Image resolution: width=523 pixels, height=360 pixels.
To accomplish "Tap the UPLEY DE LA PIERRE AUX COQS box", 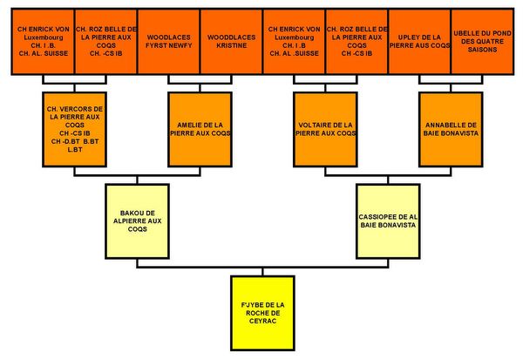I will click(418, 41).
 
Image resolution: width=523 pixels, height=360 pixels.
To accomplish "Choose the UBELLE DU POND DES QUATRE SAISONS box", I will click(480, 41).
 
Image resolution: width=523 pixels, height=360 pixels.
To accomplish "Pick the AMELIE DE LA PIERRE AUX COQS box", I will click(200, 129).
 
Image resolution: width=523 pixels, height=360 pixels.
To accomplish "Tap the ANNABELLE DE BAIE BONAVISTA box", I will click(450, 129).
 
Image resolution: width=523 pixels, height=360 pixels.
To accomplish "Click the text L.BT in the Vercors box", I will click(75, 150).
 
